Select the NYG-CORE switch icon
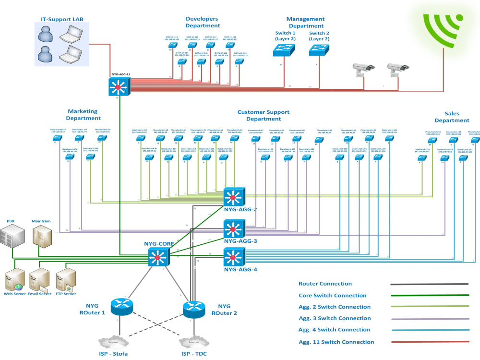tap(157, 258)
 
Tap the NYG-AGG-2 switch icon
tap(234, 196)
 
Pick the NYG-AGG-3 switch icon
tap(234, 228)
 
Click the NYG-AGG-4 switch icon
tap(234, 257)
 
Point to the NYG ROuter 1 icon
tap(120, 305)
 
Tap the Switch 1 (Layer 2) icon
tap(285, 49)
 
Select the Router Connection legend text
tap(325, 284)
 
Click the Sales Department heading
tap(451, 117)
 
